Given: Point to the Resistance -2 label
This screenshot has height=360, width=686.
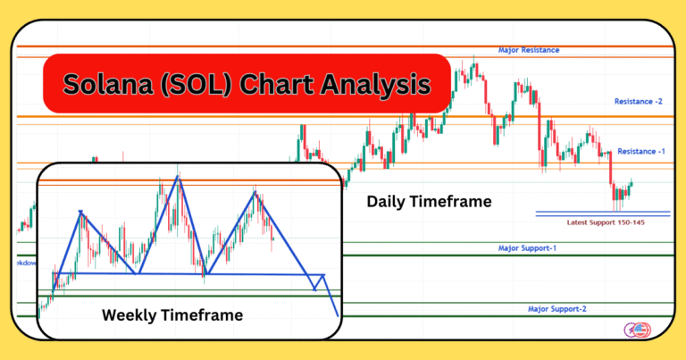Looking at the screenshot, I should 638,102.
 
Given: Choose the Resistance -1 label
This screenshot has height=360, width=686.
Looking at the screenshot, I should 640,152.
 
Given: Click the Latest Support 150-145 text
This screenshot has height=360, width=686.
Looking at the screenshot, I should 606,222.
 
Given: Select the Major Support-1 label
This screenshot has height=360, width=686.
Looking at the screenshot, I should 527,247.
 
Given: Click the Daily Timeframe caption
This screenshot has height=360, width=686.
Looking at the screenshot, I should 429,203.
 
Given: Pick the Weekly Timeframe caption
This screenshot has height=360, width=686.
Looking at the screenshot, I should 171,314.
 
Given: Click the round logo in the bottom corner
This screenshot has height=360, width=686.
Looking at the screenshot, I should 637,330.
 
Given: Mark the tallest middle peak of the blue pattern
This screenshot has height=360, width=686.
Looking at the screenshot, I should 178,177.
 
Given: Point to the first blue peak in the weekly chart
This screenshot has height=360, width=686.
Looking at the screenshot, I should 81,212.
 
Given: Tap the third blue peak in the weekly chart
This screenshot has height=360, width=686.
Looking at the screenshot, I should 255,191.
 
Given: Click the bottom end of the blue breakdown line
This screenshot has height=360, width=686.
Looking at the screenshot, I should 337,315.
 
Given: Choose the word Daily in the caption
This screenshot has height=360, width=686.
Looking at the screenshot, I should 389,203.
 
